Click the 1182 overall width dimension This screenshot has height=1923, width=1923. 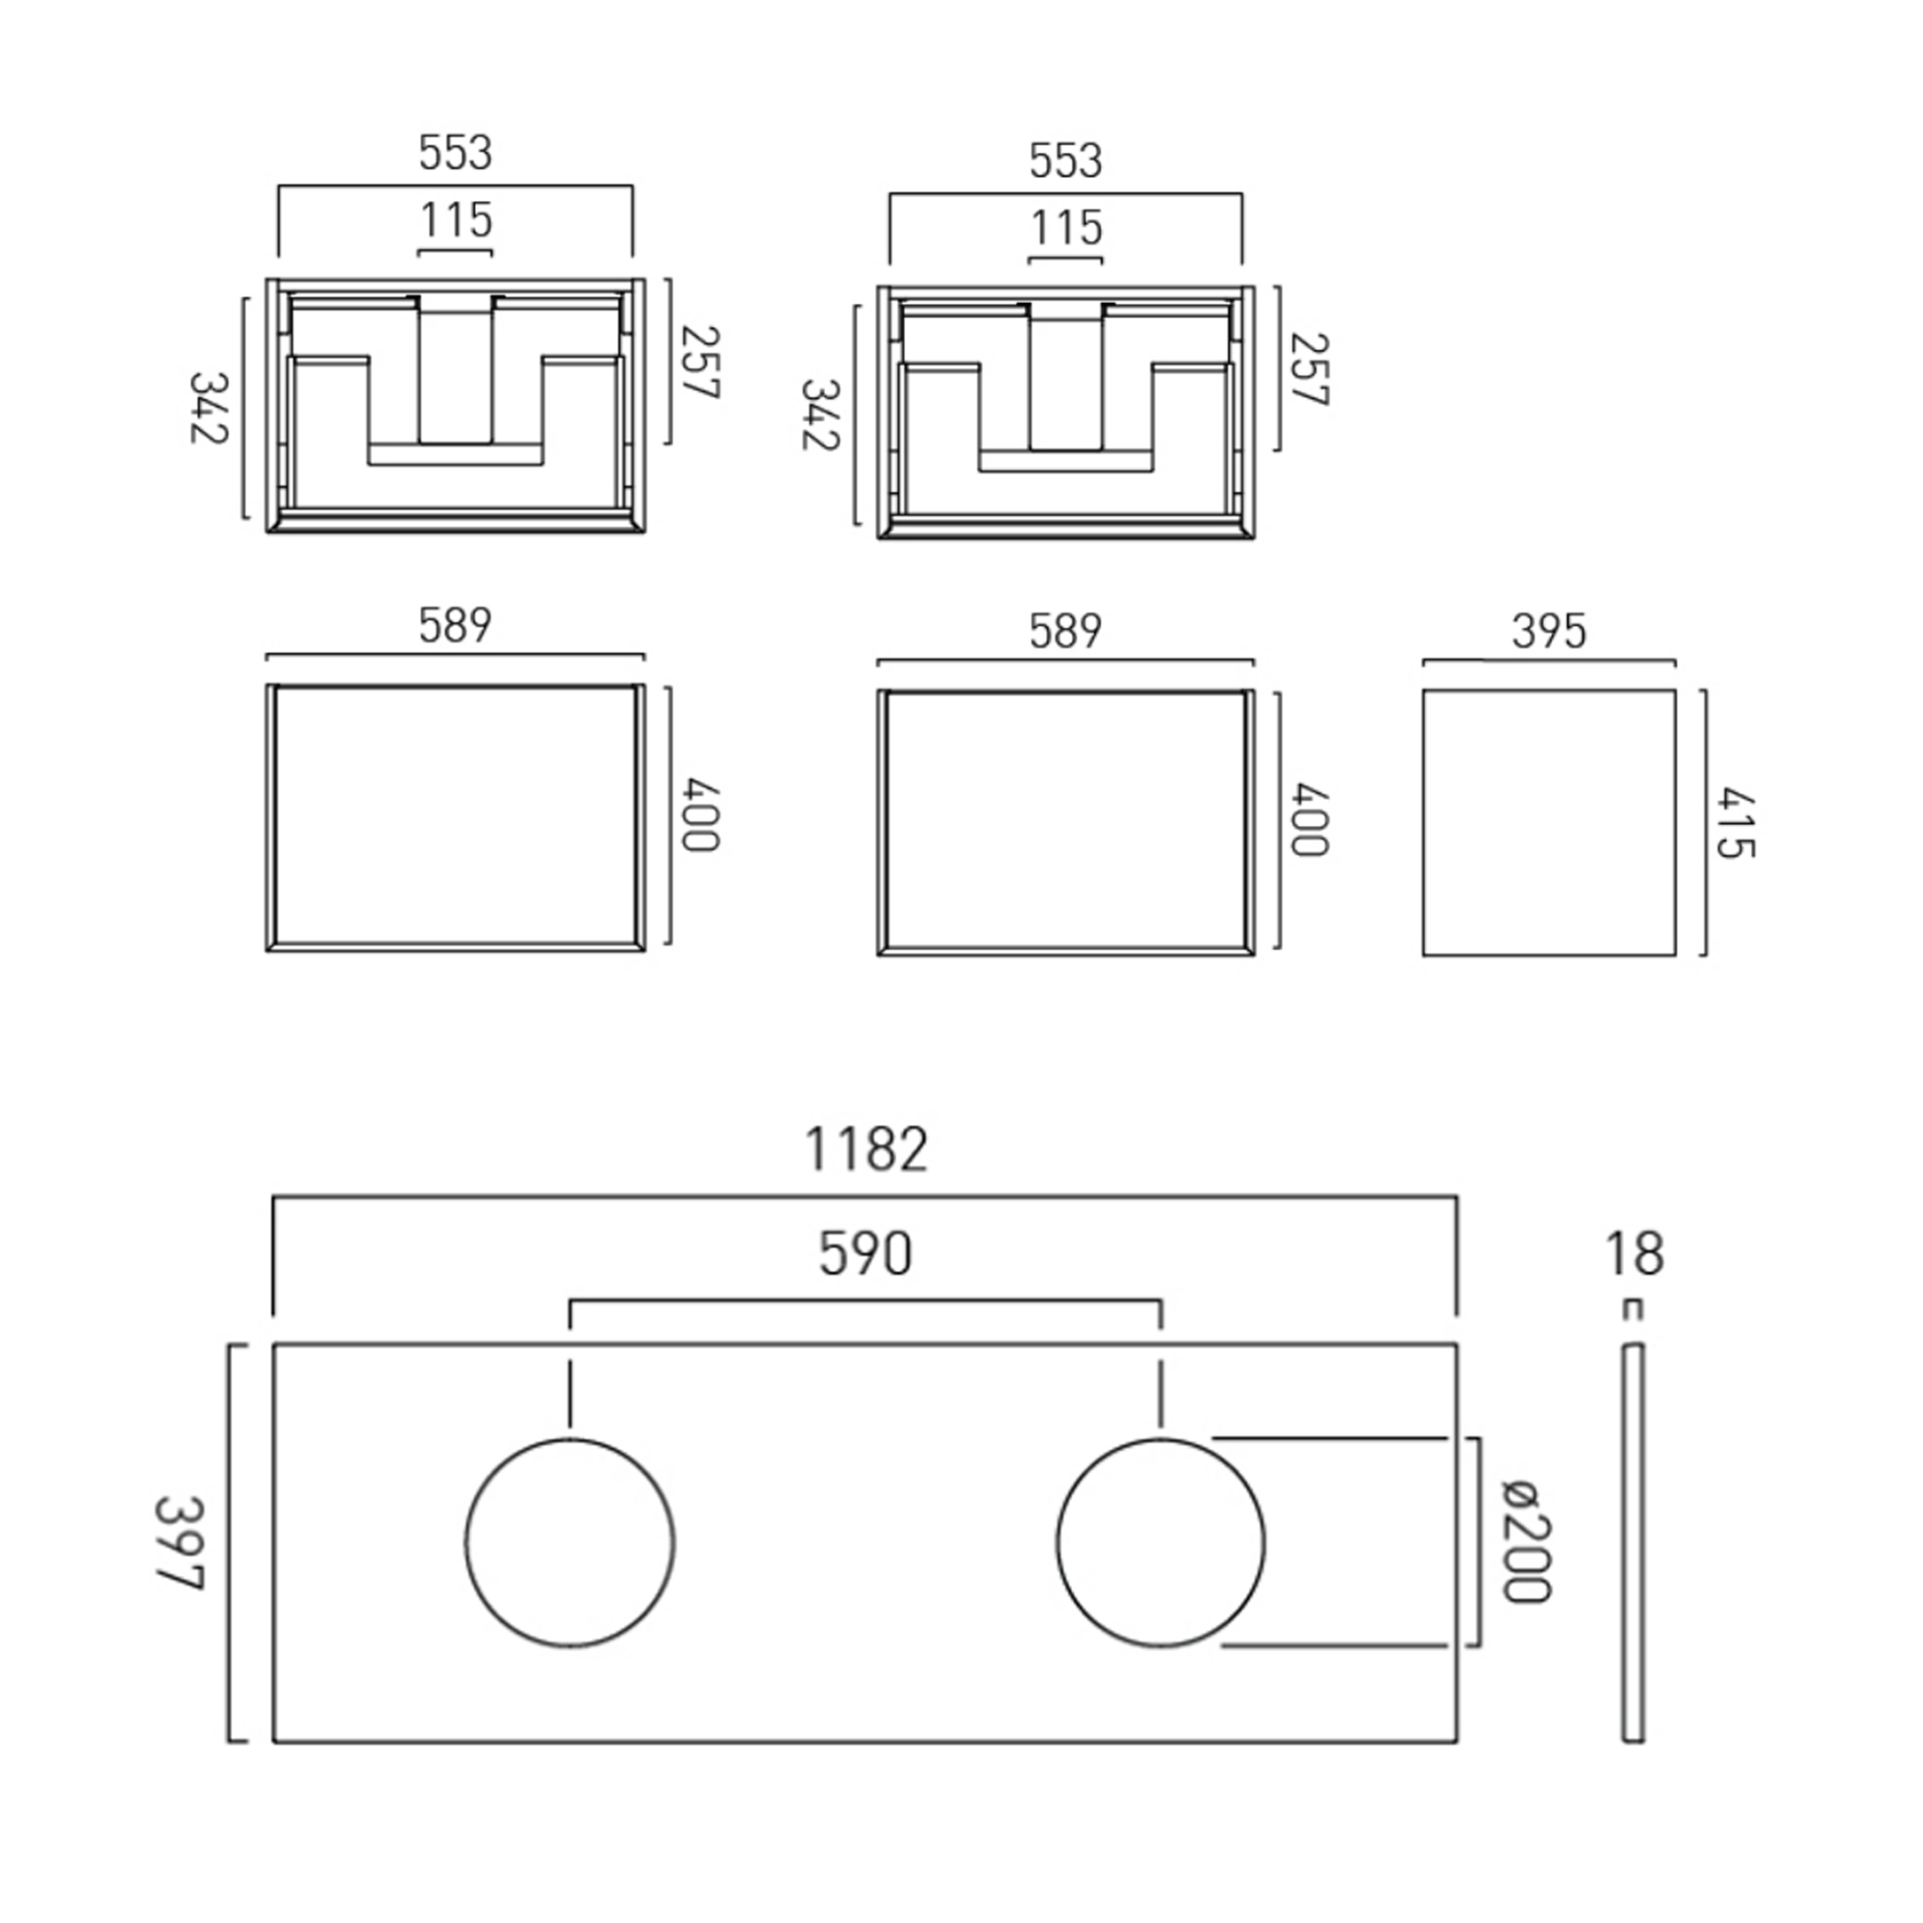[865, 1150]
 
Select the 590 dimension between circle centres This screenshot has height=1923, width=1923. [865, 1253]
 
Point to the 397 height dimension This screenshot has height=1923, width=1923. [180, 1544]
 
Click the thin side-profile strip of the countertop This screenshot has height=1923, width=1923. [1633, 1543]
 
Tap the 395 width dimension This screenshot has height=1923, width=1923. [1548, 630]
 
